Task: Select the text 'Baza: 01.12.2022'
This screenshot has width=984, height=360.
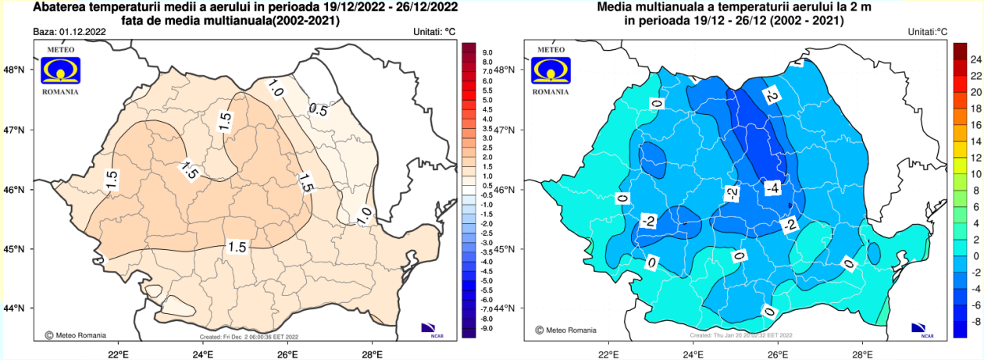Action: tap(70, 32)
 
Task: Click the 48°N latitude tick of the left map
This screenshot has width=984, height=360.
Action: tap(16, 70)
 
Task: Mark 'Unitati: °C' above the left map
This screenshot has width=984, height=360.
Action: tap(434, 32)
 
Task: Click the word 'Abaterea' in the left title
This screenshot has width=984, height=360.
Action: tap(59, 9)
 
